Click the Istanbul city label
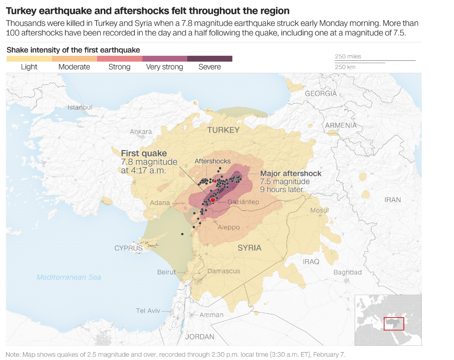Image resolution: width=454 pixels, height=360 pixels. [80, 107]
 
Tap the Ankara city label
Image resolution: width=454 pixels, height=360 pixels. [141, 132]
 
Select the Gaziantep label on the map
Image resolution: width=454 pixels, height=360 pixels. [243, 202]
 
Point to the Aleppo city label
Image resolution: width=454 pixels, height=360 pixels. [229, 227]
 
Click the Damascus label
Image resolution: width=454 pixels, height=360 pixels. [224, 271]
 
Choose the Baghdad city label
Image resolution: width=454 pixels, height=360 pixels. [347, 272]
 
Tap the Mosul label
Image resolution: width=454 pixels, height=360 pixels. [319, 210]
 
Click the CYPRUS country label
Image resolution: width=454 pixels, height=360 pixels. [128, 248]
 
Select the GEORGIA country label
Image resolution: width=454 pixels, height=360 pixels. [321, 93]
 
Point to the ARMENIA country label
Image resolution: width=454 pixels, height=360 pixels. [341, 125]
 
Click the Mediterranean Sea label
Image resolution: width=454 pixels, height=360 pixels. [69, 277]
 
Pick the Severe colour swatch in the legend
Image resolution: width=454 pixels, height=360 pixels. [210, 58]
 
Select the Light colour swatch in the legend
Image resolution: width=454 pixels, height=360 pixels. [29, 58]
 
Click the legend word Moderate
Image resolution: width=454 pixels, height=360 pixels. [74, 67]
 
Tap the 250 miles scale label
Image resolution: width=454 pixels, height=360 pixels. [348, 57]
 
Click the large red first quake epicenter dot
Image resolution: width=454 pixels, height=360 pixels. [213, 200]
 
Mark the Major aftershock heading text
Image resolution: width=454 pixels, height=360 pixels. [291, 174]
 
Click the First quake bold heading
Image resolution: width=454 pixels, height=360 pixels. [144, 153]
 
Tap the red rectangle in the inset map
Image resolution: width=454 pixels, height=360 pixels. [394, 324]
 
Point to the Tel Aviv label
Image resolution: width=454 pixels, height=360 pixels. [148, 311]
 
